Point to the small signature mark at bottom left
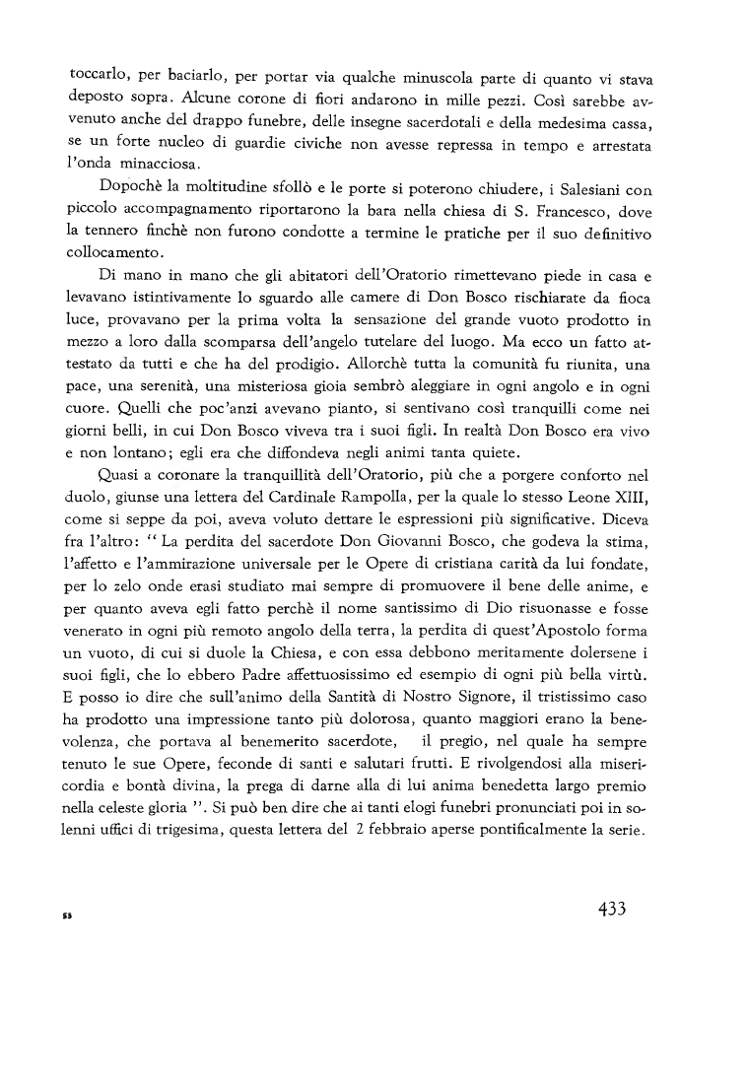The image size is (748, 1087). (69, 917)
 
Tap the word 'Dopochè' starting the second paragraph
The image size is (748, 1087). (131, 187)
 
